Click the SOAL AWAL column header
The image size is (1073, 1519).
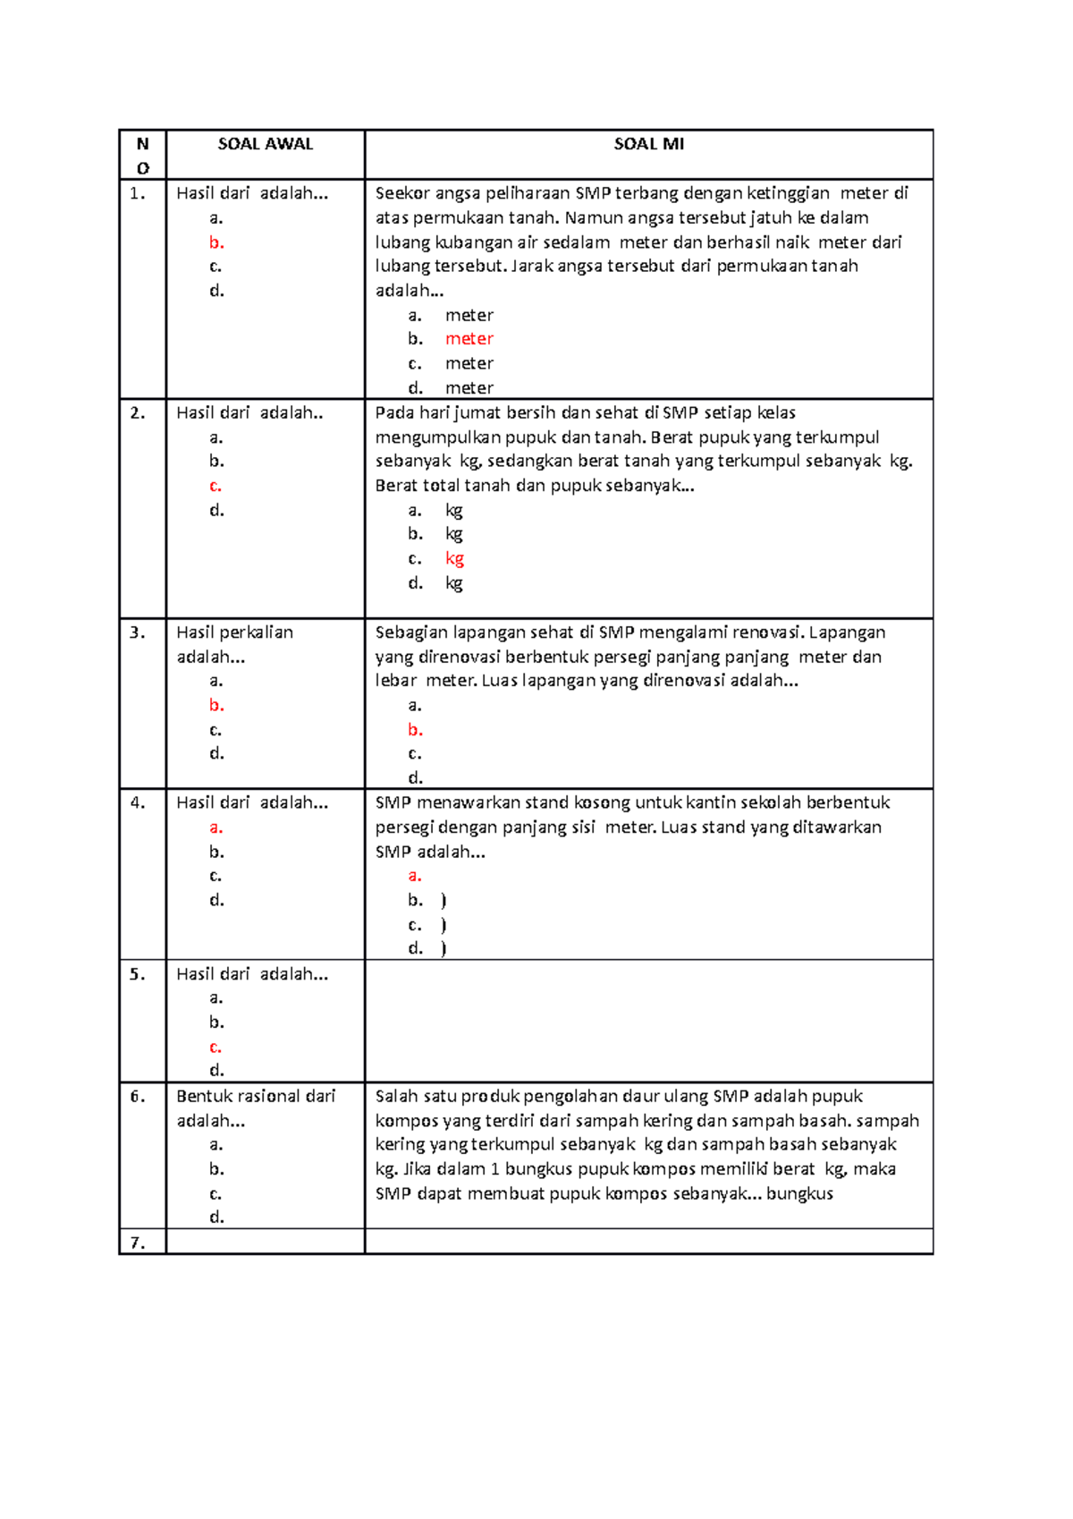266,144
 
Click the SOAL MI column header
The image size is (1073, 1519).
648,144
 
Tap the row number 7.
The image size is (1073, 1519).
138,1243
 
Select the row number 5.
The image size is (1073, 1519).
138,974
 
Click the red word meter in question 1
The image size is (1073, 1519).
469,339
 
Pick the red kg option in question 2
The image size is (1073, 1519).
454,559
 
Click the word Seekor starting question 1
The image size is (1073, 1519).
402,193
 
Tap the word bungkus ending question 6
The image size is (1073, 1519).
799,1194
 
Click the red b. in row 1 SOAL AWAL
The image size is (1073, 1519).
216,242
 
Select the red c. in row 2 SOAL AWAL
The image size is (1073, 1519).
215,486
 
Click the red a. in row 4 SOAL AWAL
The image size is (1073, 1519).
215,827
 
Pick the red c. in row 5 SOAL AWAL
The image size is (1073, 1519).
215,1047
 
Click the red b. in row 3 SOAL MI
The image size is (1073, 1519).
415,730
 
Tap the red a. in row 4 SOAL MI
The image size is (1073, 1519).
415,876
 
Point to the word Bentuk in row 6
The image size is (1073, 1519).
201,1097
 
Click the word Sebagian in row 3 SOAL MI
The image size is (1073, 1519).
410,632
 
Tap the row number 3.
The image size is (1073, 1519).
138,632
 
